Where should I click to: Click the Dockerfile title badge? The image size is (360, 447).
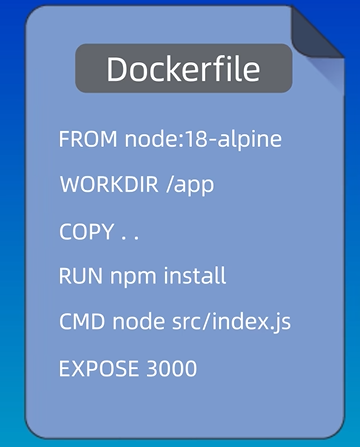[183, 69]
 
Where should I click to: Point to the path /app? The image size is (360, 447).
[192, 185]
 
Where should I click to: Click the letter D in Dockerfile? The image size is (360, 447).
[117, 69]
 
